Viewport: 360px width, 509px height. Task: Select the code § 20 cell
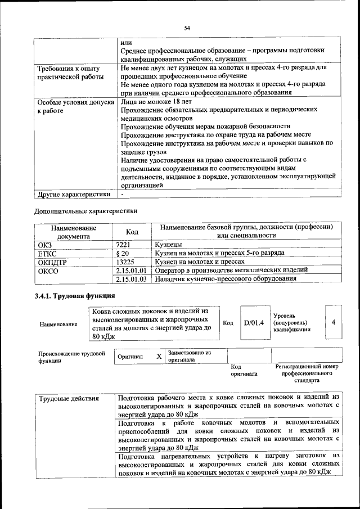(x=122, y=254)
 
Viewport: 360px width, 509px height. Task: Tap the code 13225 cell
(x=125, y=262)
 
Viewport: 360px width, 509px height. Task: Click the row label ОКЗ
(x=44, y=245)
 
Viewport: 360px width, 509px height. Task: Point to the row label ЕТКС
(x=47, y=254)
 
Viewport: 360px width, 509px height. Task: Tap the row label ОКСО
(x=47, y=271)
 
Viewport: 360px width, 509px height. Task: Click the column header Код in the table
(x=132, y=232)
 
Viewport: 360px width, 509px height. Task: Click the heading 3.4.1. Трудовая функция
(x=75, y=296)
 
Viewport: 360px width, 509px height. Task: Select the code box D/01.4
(x=254, y=323)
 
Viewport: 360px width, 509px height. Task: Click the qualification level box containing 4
(x=334, y=322)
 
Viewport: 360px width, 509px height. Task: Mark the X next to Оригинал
(x=159, y=357)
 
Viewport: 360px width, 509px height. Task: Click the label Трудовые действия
(x=68, y=399)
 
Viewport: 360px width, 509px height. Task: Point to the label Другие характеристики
(x=73, y=195)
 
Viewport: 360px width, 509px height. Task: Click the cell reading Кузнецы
(x=168, y=245)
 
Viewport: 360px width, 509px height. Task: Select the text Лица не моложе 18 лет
(x=156, y=102)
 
